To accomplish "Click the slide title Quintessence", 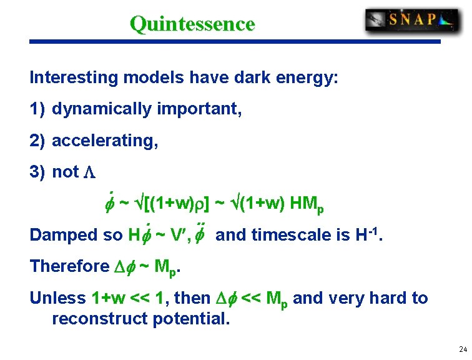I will pyautogui.click(x=192, y=24).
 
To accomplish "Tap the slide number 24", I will pyautogui.click(x=462, y=349).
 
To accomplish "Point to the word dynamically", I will pyautogui.click(x=101, y=109).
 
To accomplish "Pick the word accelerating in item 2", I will pyautogui.click(x=103, y=141).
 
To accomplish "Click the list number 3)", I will pyautogui.click(x=37, y=172).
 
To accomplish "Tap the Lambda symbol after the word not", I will pyautogui.click(x=89, y=172).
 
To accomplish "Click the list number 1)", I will pyautogui.click(x=37, y=109).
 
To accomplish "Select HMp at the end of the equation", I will pyautogui.click(x=309, y=204).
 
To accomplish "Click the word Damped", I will pyautogui.click(x=60, y=235).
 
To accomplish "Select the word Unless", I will pyautogui.click(x=57, y=298).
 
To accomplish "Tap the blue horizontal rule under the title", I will pyautogui.click(x=235, y=42).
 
